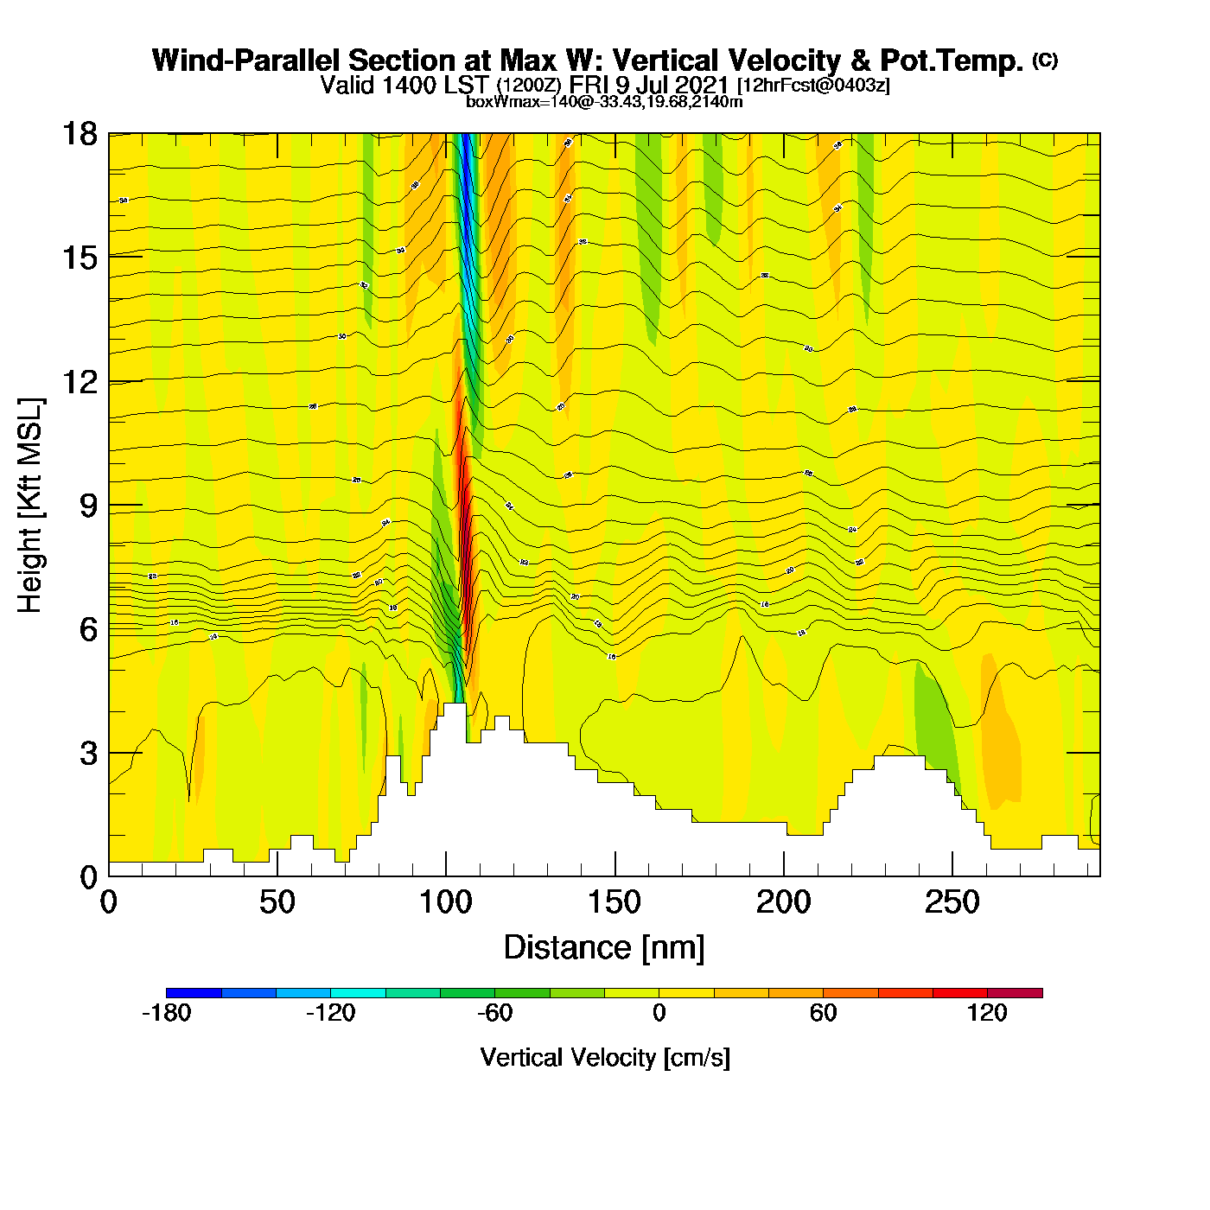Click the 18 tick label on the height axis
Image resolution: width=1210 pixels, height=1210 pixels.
tap(79, 134)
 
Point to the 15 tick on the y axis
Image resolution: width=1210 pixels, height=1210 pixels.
tap(79, 258)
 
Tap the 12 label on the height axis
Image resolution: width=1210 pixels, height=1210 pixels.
tap(79, 381)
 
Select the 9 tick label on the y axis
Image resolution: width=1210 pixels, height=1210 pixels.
tap(88, 506)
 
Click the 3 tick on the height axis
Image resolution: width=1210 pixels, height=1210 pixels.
tap(88, 754)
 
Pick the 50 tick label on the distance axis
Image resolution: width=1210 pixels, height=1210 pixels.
tap(277, 903)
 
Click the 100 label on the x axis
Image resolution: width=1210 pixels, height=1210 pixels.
tap(446, 903)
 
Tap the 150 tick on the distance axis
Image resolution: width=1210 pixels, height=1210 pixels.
tap(615, 903)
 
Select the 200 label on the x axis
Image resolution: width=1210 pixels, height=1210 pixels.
tap(784, 903)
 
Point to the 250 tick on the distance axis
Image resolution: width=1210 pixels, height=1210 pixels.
tap(952, 903)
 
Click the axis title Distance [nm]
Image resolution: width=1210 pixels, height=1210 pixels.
tap(604, 948)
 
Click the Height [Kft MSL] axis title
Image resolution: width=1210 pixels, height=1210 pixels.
tap(31, 506)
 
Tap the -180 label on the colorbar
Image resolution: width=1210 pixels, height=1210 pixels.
tap(166, 1013)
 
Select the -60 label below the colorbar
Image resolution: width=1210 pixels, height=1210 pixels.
tap(495, 1013)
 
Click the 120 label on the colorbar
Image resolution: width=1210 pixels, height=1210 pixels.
tap(987, 1013)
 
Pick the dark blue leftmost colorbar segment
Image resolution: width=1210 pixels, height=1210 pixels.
tap(194, 992)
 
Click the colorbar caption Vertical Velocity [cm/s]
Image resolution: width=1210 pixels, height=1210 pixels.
tap(605, 1057)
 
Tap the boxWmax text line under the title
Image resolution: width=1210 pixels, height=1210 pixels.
tap(604, 102)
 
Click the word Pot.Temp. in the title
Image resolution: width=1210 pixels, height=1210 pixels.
tap(952, 60)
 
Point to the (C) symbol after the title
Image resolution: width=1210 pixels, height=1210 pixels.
tap(1045, 60)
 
